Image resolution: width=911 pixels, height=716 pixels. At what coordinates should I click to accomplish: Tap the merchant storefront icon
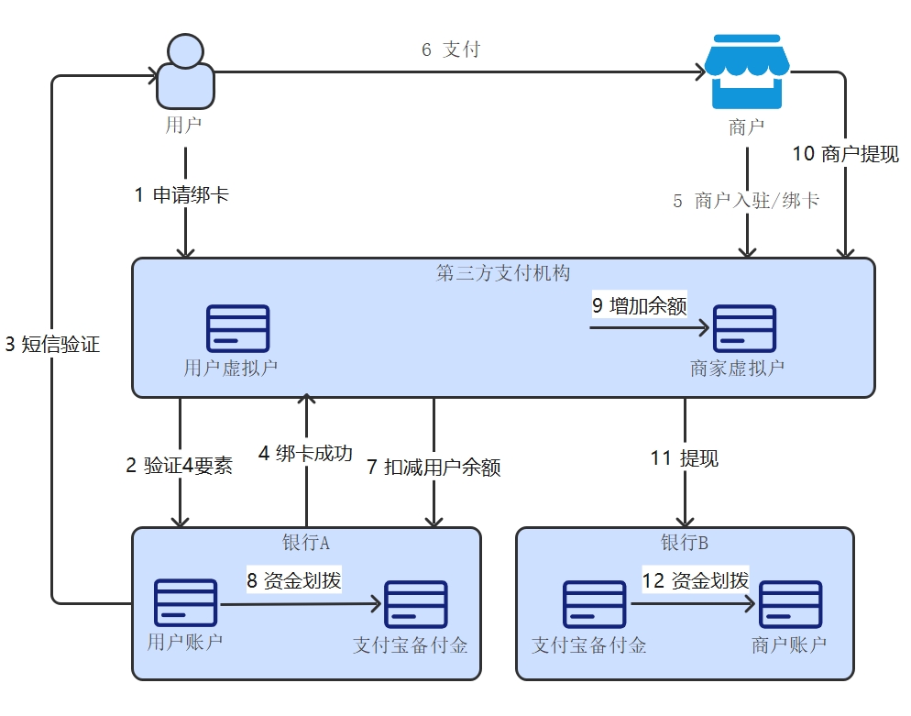[x=746, y=73]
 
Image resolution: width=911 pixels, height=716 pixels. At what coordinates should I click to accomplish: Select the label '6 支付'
[x=450, y=50]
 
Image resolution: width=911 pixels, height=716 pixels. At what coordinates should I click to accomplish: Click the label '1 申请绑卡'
[x=181, y=194]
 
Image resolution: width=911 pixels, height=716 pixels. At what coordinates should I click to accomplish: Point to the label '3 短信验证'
[x=52, y=345]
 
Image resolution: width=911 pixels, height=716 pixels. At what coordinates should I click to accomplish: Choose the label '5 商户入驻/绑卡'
[x=746, y=201]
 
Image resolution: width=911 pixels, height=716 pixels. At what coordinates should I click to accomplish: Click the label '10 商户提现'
[x=845, y=154]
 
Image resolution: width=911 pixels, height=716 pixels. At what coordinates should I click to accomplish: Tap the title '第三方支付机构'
[x=503, y=273]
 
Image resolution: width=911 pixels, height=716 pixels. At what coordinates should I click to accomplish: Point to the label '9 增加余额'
[x=639, y=305]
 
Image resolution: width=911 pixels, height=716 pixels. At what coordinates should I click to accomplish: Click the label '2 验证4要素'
[x=180, y=466]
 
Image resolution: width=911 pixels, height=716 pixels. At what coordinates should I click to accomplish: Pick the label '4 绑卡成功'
[x=305, y=453]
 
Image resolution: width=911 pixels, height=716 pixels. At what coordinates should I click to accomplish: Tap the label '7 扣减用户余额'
[x=434, y=467]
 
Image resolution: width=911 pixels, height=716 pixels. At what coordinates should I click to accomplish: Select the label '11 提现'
[x=685, y=458]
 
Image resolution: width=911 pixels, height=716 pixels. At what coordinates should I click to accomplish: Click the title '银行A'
[x=306, y=543]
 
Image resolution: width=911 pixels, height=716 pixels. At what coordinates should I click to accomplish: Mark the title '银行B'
[x=685, y=543]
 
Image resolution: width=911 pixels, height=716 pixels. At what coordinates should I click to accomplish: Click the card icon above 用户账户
[x=185, y=602]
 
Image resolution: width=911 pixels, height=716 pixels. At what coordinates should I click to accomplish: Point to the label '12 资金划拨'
[x=697, y=580]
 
